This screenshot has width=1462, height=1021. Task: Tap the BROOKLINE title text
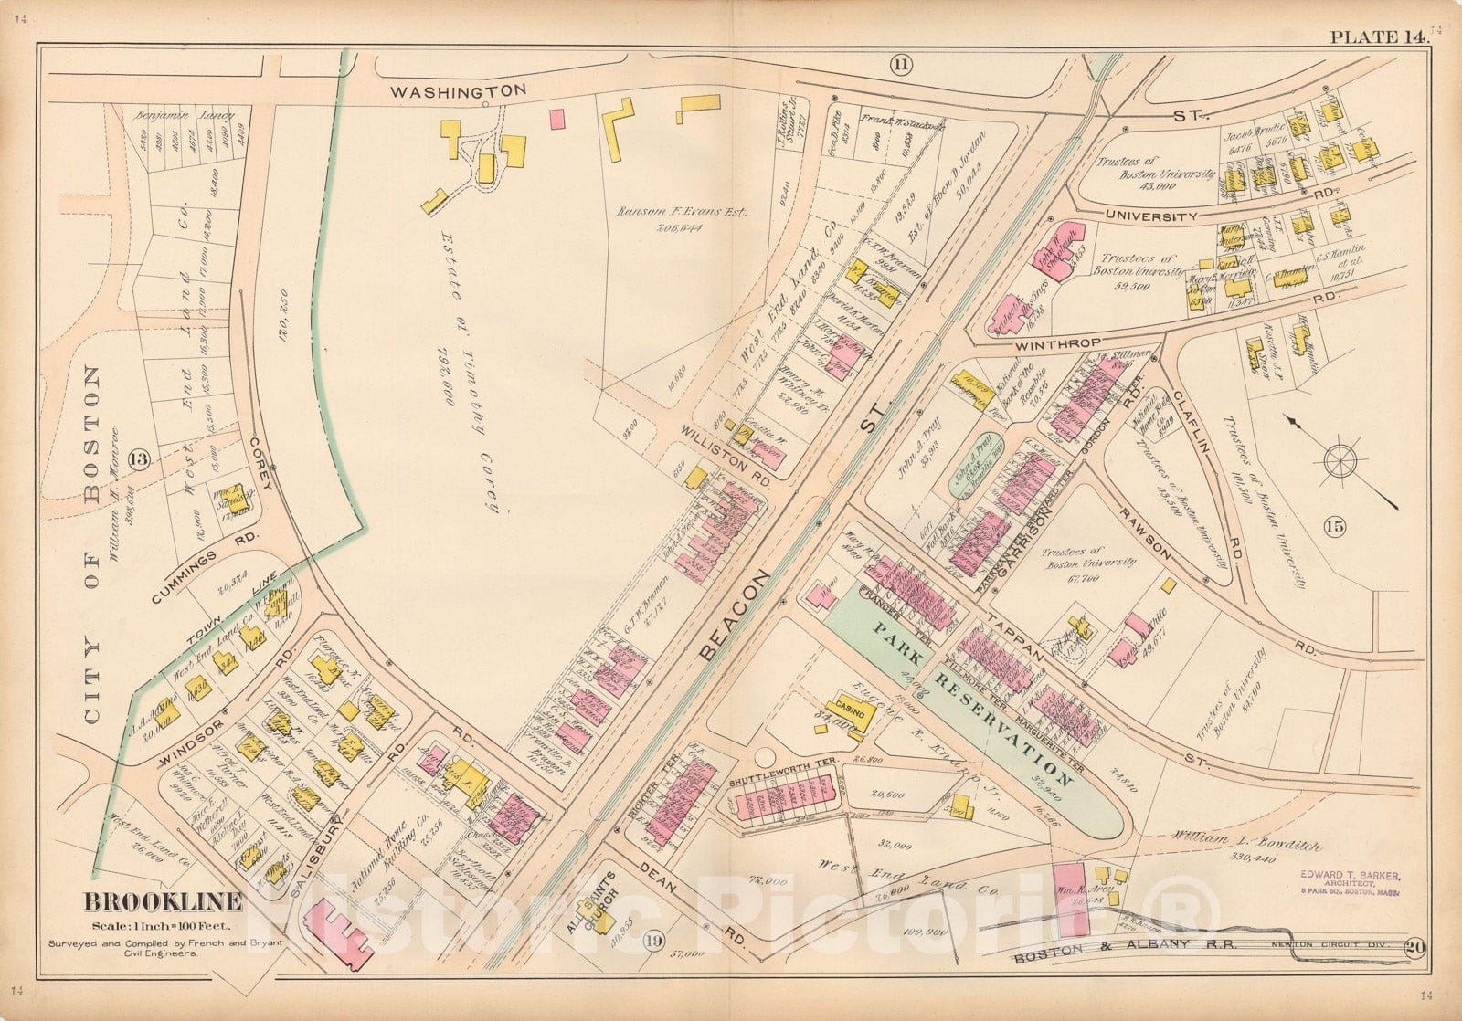click(x=164, y=902)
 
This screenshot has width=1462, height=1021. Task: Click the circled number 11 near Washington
click(x=901, y=64)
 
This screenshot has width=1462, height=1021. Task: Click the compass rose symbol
click(x=1340, y=460)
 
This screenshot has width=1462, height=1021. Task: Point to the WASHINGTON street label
click(x=459, y=90)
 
